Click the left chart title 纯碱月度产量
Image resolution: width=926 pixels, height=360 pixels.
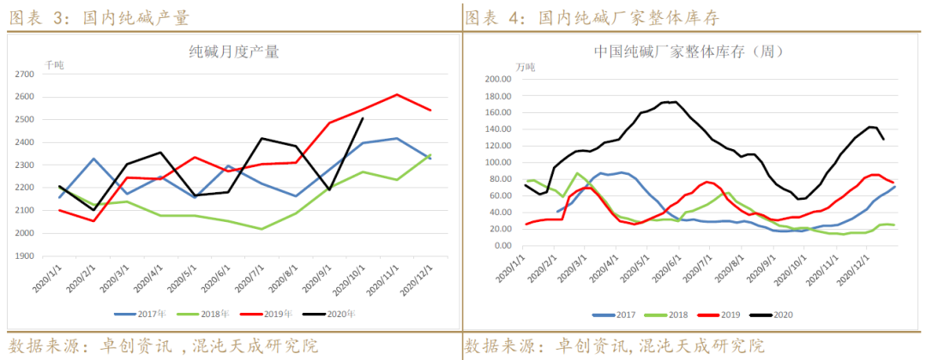pyautogui.click(x=234, y=52)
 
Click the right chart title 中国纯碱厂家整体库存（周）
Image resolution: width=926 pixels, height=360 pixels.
pyautogui.click(x=688, y=52)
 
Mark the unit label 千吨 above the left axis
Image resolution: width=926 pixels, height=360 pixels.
pyautogui.click(x=55, y=65)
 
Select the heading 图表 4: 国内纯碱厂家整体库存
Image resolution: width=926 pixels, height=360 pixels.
pyautogui.click(x=592, y=17)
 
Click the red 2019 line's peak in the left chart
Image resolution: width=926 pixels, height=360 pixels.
pyautogui.click(x=396, y=94)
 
